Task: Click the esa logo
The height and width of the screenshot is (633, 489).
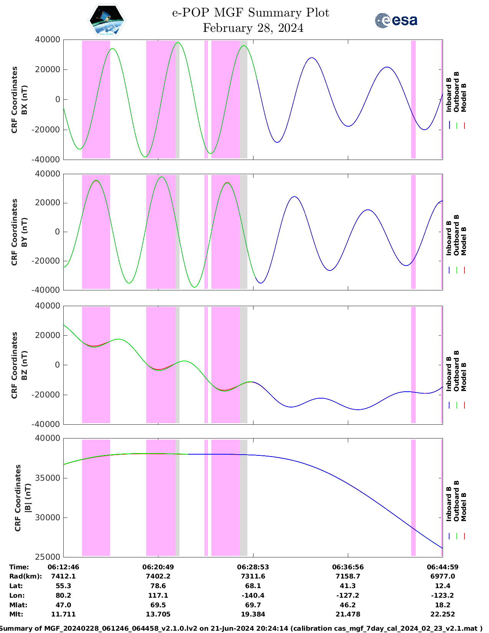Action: click(396, 20)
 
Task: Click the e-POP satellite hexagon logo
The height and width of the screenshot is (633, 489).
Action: click(107, 20)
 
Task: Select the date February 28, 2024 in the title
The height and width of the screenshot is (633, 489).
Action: click(253, 28)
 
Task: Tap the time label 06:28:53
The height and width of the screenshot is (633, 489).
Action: click(253, 567)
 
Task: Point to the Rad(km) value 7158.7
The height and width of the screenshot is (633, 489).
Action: click(348, 576)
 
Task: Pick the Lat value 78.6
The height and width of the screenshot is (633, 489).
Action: click(158, 586)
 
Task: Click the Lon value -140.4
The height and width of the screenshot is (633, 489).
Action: click(253, 595)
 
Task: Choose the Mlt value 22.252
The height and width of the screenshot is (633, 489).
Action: click(443, 614)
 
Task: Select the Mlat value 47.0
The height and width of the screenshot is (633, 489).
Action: click(63, 605)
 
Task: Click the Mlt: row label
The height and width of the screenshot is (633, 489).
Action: click(16, 614)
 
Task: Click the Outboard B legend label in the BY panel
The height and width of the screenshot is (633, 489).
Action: click(456, 235)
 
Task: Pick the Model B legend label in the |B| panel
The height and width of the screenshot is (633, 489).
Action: click(464, 506)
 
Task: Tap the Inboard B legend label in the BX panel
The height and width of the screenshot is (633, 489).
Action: click(449, 95)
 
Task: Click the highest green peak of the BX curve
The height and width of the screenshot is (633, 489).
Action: click(178, 43)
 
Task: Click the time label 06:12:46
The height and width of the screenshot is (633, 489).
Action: click(63, 567)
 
